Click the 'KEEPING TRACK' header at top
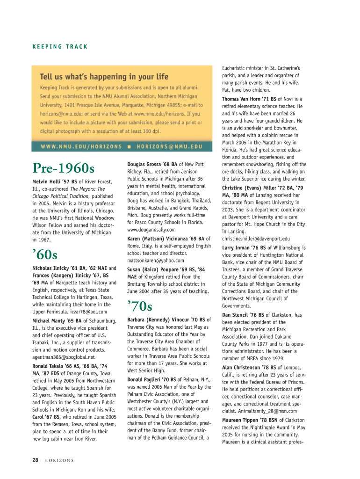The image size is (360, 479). pyautogui.click(x=60, y=47)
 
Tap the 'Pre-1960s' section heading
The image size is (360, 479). pyautogui.click(x=63, y=167)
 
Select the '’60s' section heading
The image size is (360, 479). pyautogui.click(x=45, y=254)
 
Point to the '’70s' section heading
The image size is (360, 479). pyautogui.click(x=140, y=306)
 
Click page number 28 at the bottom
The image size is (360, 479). pyautogui.click(x=35, y=460)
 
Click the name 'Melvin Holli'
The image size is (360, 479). pyautogui.click(x=48, y=182)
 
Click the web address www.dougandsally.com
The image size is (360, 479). pyautogui.click(x=151, y=230)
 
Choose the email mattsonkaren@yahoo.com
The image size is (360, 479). pyautogui.click(x=156, y=260)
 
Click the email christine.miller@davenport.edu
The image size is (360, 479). pyautogui.click(x=256, y=239)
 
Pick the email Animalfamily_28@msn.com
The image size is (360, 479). pyautogui.click(x=273, y=411)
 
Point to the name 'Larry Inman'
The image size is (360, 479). pyautogui.click(x=238, y=248)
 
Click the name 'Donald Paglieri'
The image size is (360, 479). pyautogui.click(x=146, y=379)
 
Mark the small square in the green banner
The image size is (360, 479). pyautogui.click(x=129, y=146)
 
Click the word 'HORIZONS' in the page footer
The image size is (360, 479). pyautogui.click(x=59, y=461)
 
